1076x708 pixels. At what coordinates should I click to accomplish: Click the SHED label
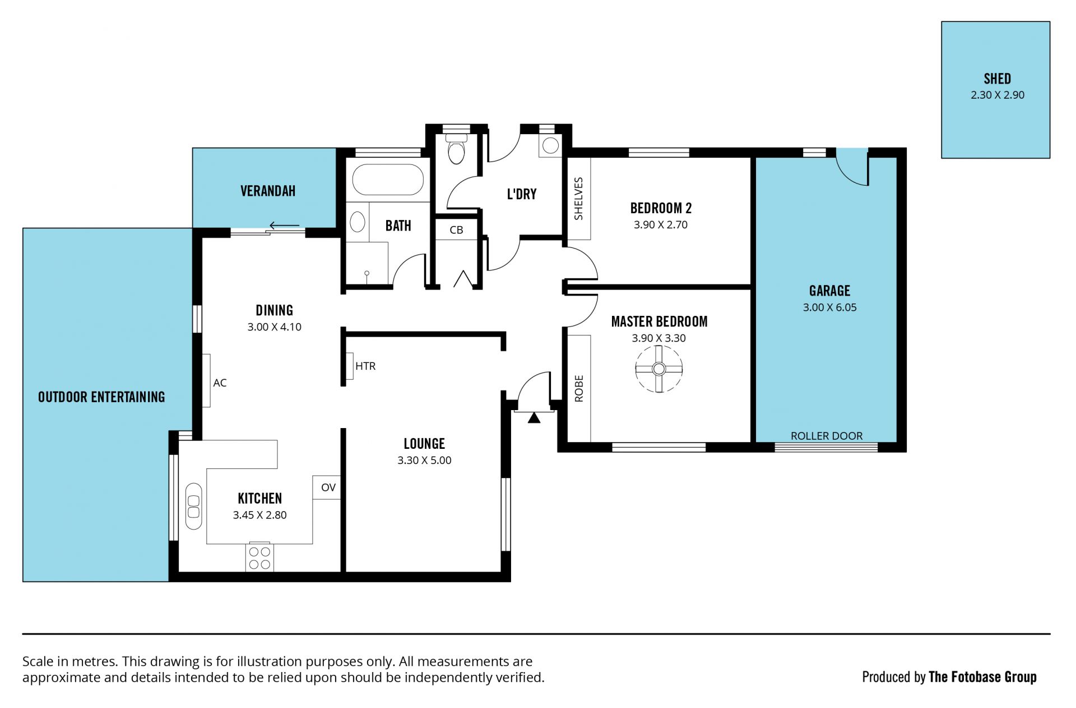(997, 79)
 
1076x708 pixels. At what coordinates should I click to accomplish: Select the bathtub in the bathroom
(388, 179)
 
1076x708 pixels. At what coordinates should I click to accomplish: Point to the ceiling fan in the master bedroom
(659, 369)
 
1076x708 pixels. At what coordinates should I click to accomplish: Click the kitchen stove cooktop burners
(259, 558)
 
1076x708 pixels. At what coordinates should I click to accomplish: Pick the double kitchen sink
(193, 505)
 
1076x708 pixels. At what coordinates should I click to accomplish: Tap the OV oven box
(327, 488)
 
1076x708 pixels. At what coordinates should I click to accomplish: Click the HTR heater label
(365, 366)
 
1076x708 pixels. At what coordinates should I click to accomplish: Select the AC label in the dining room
(220, 383)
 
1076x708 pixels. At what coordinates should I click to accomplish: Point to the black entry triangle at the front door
(534, 417)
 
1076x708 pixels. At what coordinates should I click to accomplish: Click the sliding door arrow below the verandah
(285, 226)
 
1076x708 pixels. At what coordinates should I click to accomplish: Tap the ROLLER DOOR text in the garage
(827, 436)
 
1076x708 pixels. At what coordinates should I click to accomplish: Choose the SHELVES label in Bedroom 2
(579, 199)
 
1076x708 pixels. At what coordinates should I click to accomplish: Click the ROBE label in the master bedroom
(579, 388)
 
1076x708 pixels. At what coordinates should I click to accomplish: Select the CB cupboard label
(456, 230)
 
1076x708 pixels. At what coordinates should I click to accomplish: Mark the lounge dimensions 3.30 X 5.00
(424, 460)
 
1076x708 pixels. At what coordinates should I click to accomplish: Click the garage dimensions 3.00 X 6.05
(829, 307)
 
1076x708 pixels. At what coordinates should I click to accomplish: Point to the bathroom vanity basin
(357, 222)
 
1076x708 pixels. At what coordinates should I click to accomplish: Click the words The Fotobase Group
(982, 677)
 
